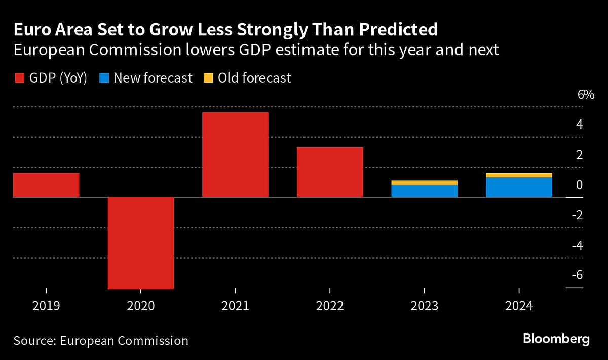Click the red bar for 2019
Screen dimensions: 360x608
tap(46, 185)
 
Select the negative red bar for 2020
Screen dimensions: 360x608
tap(141, 243)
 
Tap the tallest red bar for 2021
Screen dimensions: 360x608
tap(235, 155)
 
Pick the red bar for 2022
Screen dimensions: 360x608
tap(330, 172)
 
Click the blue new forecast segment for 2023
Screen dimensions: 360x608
tap(425, 191)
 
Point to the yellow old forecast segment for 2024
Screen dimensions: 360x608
tap(519, 175)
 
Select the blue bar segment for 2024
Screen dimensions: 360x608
tap(519, 187)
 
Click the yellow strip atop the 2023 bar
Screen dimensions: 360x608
tap(425, 183)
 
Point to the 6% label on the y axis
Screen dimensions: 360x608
tap(585, 95)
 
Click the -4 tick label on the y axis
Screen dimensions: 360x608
tap(578, 246)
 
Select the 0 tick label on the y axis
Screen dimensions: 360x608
tap(579, 185)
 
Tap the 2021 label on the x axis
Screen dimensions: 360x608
tap(235, 306)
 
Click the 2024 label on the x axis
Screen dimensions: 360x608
tap(519, 306)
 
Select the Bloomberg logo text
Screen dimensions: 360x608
tap(556, 339)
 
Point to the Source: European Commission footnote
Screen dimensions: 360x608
tap(101, 341)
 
